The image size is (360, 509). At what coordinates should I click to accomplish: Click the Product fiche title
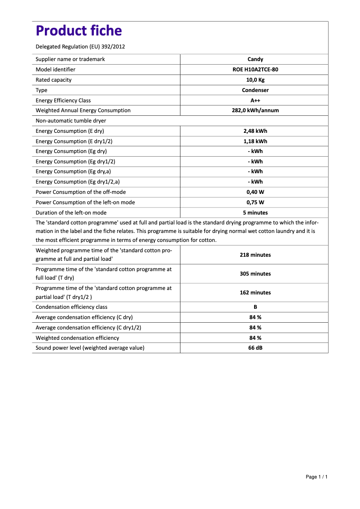[x=79, y=31]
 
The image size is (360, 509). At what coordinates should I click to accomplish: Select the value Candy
[x=255, y=59]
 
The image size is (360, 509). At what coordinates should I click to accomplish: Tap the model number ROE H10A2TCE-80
[x=255, y=70]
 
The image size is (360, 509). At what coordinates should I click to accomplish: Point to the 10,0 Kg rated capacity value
[x=255, y=80]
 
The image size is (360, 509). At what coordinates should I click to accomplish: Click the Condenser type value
[x=255, y=90]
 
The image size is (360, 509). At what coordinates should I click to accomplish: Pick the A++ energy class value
[x=255, y=101]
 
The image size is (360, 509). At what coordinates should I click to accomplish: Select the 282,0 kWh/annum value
[x=255, y=110]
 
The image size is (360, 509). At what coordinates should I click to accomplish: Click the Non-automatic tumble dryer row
[x=71, y=121]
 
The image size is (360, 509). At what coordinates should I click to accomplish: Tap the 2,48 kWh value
[x=255, y=131]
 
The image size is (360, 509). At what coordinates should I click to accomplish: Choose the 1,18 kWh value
[x=255, y=141]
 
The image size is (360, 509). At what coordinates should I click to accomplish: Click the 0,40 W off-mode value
[x=255, y=192]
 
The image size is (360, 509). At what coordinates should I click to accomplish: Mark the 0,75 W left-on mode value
[x=255, y=202]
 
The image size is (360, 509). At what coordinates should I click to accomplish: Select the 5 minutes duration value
[x=255, y=213]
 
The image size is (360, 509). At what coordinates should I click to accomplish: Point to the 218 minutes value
[x=255, y=255]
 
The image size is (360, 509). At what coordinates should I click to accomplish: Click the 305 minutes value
[x=255, y=274]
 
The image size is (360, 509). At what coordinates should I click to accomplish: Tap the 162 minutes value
[x=255, y=293]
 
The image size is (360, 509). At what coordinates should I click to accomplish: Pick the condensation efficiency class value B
[x=255, y=307]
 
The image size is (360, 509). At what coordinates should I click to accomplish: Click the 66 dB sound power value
[x=255, y=348]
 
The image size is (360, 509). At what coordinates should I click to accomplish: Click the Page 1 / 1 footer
[x=316, y=477]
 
